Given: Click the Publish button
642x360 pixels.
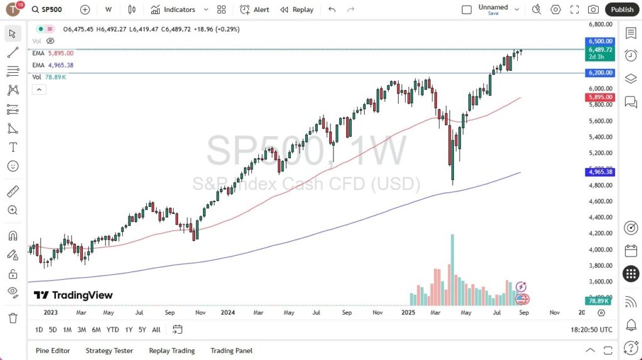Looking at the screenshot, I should click(622, 9).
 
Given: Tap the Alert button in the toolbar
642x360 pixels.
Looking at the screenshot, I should click(255, 9).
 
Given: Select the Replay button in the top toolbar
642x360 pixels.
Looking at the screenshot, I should click(297, 9).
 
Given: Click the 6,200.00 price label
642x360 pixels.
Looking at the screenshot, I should click(600, 73).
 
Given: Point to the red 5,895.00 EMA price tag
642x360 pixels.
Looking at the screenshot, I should click(600, 97).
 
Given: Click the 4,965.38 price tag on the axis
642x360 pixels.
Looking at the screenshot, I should click(600, 171).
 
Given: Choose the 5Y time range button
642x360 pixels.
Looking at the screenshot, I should click(142, 329).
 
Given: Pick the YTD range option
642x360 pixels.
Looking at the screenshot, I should click(113, 329).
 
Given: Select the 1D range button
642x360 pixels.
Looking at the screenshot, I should click(39, 329).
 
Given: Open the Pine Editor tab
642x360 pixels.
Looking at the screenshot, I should click(53, 351).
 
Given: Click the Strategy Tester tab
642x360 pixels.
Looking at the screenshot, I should click(110, 351).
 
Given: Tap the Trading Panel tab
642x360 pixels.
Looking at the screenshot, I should click(231, 351).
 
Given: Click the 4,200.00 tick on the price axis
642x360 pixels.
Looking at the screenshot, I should click(600, 233).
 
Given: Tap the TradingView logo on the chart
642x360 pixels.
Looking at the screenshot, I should click(73, 295).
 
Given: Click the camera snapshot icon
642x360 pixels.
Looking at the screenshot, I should click(592, 9).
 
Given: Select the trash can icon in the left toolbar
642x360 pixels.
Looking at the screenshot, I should click(13, 318).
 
